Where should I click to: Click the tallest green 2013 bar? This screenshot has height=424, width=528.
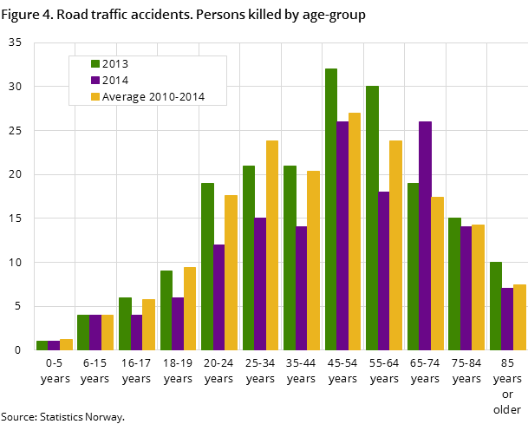(x=330, y=208)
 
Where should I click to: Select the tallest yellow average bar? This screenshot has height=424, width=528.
(x=354, y=231)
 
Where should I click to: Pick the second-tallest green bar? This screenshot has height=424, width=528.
(x=372, y=217)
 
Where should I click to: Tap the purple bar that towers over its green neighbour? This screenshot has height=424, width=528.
(x=425, y=234)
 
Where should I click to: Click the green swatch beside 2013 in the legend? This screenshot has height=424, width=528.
(x=95, y=63)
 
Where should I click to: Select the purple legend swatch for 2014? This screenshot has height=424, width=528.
(x=95, y=80)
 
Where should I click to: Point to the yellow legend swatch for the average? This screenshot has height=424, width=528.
(x=95, y=97)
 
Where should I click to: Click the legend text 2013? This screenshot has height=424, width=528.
(x=115, y=63)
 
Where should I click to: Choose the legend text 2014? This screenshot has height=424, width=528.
(x=115, y=80)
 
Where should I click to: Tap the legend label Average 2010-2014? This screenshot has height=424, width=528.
(x=153, y=97)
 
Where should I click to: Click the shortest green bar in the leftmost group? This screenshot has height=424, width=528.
(x=42, y=345)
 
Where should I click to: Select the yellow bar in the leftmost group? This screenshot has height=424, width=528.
(x=66, y=344)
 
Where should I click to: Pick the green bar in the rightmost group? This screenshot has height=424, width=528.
(x=495, y=305)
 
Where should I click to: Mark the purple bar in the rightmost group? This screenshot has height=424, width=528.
(x=507, y=318)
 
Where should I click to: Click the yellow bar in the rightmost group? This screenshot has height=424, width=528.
(x=519, y=316)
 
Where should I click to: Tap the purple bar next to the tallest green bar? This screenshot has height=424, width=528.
(x=342, y=234)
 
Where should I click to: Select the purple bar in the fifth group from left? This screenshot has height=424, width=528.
(x=219, y=297)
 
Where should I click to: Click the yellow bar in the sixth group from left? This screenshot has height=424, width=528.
(x=272, y=245)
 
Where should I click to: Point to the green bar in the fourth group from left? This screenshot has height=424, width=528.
(x=166, y=310)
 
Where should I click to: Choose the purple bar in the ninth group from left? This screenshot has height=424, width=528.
(x=383, y=270)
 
